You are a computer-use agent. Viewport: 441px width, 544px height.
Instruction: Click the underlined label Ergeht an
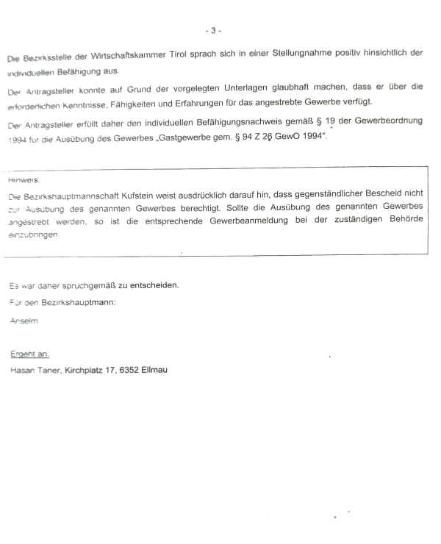pos(29,354)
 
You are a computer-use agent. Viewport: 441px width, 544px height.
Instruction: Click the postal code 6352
pos(140,370)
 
